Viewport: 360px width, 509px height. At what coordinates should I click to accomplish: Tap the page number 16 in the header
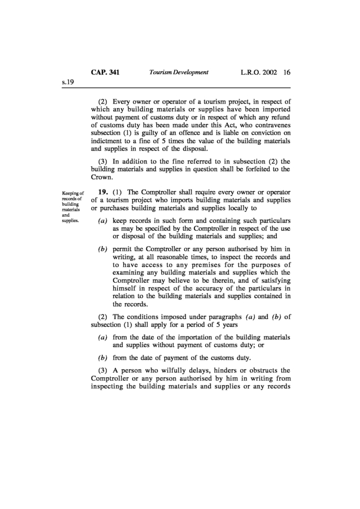click(287, 72)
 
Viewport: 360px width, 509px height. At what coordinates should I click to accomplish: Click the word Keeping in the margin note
click(73, 193)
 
